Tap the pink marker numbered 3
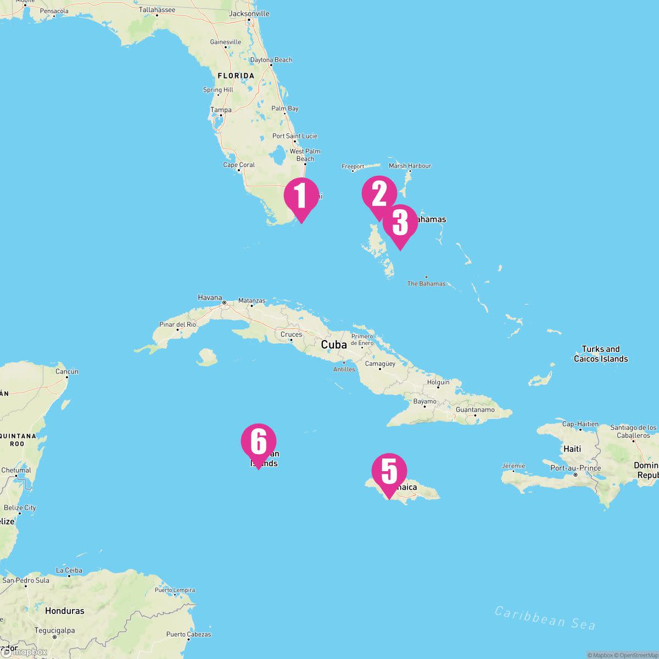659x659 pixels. [x=400, y=223]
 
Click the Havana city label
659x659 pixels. [x=210, y=298]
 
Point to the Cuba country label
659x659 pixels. [x=334, y=345]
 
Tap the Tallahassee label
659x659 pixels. [x=157, y=10]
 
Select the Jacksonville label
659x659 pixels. [x=249, y=13]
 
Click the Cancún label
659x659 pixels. [x=67, y=372]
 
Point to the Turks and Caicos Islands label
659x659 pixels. [x=601, y=354]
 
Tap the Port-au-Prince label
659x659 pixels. [x=576, y=468]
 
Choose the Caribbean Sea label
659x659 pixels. [x=545, y=618]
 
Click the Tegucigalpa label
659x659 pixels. [x=54, y=630]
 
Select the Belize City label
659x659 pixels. [x=20, y=507]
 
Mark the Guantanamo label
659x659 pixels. [x=475, y=410]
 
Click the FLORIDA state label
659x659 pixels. [x=236, y=76]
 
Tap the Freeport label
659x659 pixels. [x=353, y=166]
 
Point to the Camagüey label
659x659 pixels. [x=380, y=364]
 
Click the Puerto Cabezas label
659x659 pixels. [x=189, y=634]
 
